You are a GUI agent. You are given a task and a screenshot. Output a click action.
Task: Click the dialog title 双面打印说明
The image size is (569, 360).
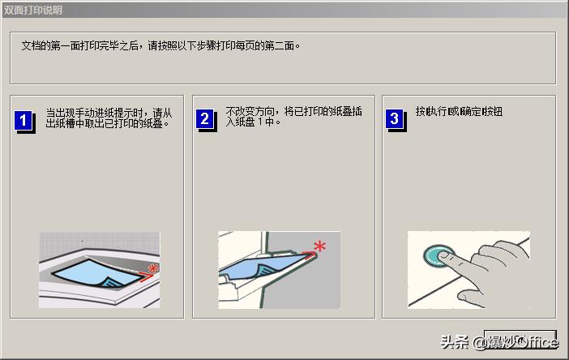pos(32,10)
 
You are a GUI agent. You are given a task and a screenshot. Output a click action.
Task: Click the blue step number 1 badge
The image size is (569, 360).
pos(24,122)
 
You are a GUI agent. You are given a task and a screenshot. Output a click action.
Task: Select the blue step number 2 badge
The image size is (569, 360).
pos(205,120)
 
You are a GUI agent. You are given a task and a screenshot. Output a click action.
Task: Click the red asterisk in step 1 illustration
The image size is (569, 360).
pos(152,268)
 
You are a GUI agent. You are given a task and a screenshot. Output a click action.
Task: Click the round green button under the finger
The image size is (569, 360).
pos(441,257)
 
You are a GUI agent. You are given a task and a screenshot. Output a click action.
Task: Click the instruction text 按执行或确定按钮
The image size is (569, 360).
pos(459,111)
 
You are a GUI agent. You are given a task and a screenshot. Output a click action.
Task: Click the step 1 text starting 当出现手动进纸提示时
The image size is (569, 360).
pos(109,112)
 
